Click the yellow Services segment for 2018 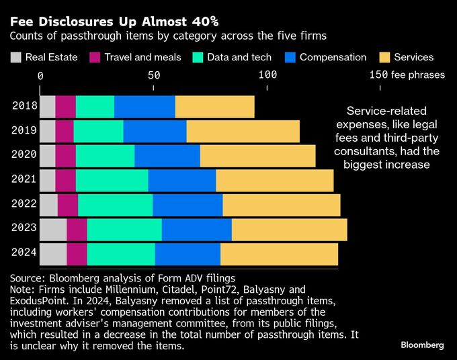pos(214,107)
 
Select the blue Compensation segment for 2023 pos(196,229)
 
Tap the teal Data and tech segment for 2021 pos(112,180)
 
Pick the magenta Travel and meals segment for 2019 pos(65,131)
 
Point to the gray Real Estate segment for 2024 pos(53,254)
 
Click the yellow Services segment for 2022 pos(282,205)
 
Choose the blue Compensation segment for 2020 pos(167,156)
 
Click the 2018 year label pos(24,105)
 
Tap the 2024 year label pos(24,253)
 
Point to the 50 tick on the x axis pos(154,75)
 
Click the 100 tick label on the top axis pos(267,75)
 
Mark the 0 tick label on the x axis pos(40,75)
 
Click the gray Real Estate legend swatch pos(16,57)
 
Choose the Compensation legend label pos(333,57)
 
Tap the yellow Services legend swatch pos(385,57)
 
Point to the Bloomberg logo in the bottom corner pos(422,345)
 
